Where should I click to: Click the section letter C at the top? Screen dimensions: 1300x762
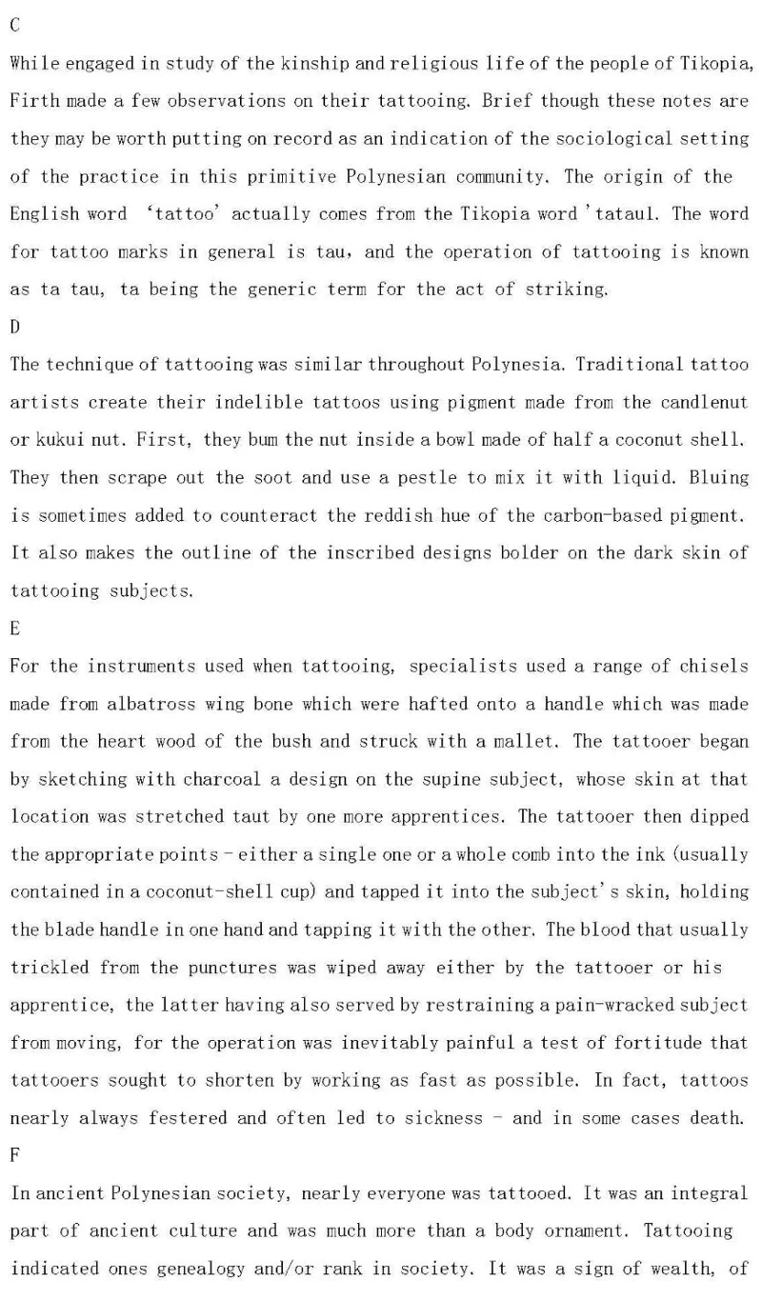(14, 26)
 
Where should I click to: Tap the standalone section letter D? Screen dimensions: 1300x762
(14, 327)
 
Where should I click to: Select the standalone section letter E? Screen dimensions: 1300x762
(14, 629)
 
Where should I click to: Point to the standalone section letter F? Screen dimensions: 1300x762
(14, 1156)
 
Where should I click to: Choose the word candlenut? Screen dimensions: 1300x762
(697, 403)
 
